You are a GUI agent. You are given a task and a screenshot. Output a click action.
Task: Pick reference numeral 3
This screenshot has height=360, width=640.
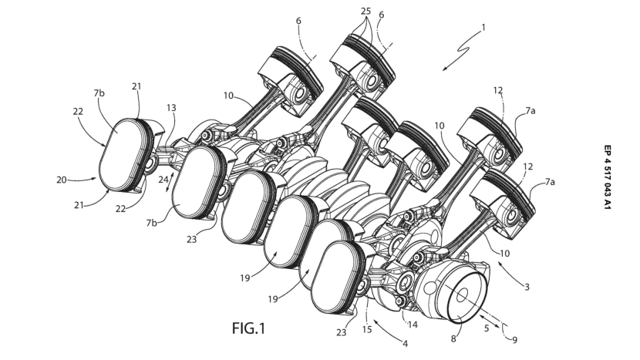[527, 288]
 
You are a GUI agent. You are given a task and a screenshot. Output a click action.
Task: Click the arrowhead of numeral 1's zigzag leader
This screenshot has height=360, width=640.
[443, 69]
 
